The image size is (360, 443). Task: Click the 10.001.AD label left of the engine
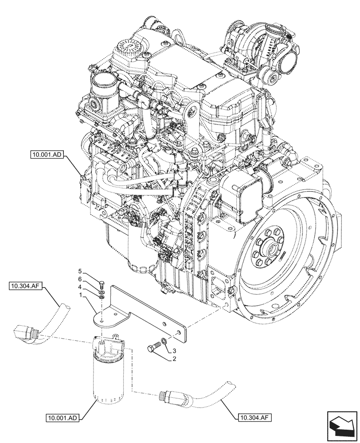(x=47, y=155)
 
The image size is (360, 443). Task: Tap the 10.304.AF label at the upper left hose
(x=25, y=287)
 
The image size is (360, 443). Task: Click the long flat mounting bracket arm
(x=151, y=310)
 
